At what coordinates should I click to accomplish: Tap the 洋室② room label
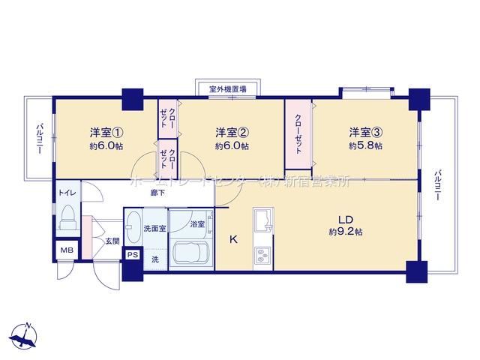click(x=232, y=133)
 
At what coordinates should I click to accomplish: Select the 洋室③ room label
click(x=366, y=133)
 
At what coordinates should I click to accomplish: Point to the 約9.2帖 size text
click(x=346, y=232)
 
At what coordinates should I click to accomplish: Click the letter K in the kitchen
click(x=233, y=239)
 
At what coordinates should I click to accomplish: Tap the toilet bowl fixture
click(x=67, y=217)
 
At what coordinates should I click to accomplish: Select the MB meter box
click(x=67, y=250)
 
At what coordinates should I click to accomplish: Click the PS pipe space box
click(x=133, y=255)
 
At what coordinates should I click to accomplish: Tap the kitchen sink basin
click(x=263, y=220)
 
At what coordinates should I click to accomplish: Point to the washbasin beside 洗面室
click(x=133, y=227)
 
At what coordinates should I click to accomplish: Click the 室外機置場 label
click(x=228, y=89)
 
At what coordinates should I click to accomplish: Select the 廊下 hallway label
click(x=157, y=193)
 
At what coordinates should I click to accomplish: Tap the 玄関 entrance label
click(x=112, y=241)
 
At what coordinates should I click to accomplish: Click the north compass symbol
click(x=24, y=336)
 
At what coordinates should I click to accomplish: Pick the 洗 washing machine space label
click(x=155, y=259)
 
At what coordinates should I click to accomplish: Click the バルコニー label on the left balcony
click(x=40, y=138)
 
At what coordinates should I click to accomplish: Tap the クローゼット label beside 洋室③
click(x=298, y=133)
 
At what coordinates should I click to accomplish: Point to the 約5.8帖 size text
click(x=366, y=145)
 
